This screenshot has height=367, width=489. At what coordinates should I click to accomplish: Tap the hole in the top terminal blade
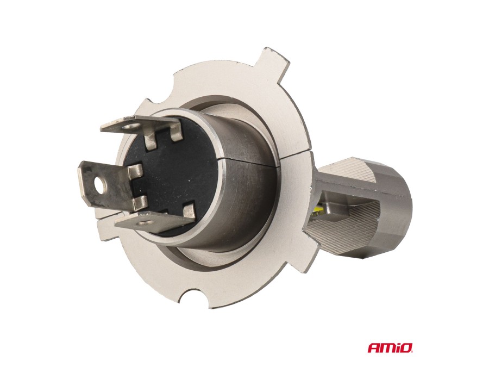point(128,127)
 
